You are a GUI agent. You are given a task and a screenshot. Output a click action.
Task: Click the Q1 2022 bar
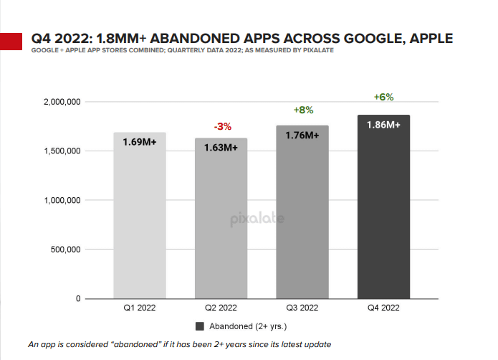coord(139,215)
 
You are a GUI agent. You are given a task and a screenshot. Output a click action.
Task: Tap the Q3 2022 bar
coord(302,212)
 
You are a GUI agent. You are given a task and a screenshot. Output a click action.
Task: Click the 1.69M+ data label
coord(139,143)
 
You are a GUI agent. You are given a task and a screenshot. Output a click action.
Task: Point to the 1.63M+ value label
coord(221,148)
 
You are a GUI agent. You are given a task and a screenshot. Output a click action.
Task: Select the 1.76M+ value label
coord(302,135)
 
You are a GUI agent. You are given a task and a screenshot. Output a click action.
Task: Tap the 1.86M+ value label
coord(383,125)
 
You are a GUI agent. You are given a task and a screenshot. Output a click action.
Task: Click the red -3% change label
coord(222,127)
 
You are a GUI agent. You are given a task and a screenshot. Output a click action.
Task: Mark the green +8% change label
coord(303,110)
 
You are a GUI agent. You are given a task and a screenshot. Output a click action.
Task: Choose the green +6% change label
coord(384,97)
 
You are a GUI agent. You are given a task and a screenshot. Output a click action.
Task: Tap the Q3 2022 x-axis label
coord(302,309)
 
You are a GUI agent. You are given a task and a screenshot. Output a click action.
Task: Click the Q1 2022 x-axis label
coord(139,309)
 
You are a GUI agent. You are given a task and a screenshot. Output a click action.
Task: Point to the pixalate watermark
coord(257,219)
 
